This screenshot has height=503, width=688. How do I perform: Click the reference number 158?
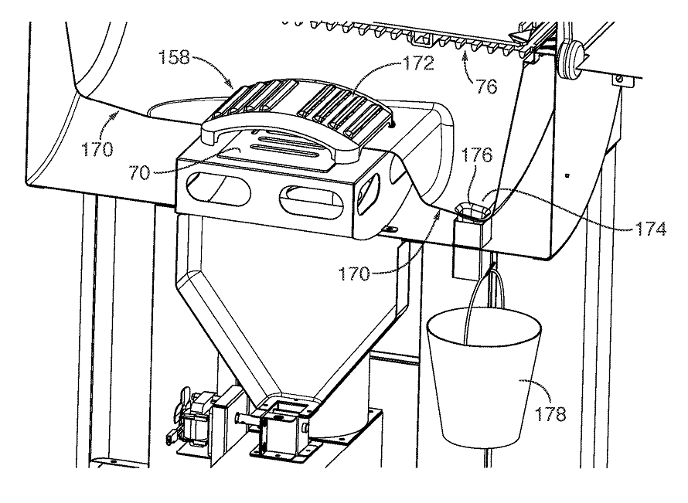pos(174,57)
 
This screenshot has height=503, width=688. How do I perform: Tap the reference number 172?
pos(418,63)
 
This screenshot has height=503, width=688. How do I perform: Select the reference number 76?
pos(486,87)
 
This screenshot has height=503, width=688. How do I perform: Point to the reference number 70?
pos(139,173)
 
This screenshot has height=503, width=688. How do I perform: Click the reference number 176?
pos(478,155)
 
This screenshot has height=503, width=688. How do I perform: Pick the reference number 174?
pos(650,229)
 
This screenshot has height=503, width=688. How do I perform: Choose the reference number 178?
pos(550,413)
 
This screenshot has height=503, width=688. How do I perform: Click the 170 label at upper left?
pos(97,150)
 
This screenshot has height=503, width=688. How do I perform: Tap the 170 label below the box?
pos(354,274)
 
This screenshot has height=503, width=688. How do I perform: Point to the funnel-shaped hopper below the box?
pos(291,307)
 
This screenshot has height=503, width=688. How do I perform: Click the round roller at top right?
pos(570,59)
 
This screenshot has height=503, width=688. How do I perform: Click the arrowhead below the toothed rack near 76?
pos(465,55)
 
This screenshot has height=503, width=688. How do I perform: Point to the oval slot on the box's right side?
pos(370,194)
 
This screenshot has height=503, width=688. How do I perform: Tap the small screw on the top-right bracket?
pos(618,79)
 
